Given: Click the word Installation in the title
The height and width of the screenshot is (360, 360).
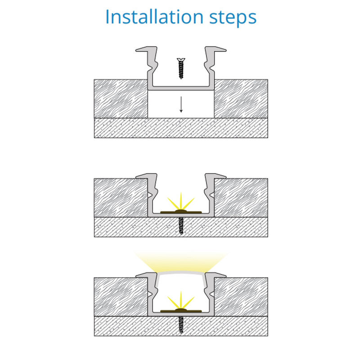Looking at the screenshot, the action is (154, 17).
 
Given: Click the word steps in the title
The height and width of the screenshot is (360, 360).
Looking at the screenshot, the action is (233, 18).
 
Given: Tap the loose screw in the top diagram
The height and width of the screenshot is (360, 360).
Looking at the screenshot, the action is (181, 68).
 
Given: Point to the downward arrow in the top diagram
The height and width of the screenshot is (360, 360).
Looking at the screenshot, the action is (181, 104).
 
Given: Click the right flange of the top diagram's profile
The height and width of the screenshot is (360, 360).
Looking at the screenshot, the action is (216, 49).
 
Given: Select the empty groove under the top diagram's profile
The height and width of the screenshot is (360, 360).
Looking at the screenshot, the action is (181, 104).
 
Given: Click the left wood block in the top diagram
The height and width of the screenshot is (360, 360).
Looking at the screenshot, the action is (121, 99).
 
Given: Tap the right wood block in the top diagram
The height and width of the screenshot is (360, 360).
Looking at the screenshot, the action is (241, 99).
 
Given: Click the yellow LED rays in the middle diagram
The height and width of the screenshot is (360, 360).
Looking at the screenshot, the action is (181, 201).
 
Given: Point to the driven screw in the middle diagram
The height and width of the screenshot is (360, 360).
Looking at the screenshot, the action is (181, 226).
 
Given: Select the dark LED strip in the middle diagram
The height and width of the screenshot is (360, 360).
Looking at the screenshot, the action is (181, 211).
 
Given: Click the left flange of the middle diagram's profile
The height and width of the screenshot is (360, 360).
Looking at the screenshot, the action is (147, 176).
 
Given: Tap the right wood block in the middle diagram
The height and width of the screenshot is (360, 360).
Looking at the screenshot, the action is (241, 198).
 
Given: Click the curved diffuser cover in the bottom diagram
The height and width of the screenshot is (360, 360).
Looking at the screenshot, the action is (181, 272).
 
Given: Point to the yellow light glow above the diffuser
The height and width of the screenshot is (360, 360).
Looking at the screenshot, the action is (181, 262).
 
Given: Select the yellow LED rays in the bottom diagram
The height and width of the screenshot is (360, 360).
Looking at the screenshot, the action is (181, 300).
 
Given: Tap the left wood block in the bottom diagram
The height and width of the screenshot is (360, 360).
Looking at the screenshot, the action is (121, 297).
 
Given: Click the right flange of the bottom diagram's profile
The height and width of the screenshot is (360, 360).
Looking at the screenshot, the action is (216, 275).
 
